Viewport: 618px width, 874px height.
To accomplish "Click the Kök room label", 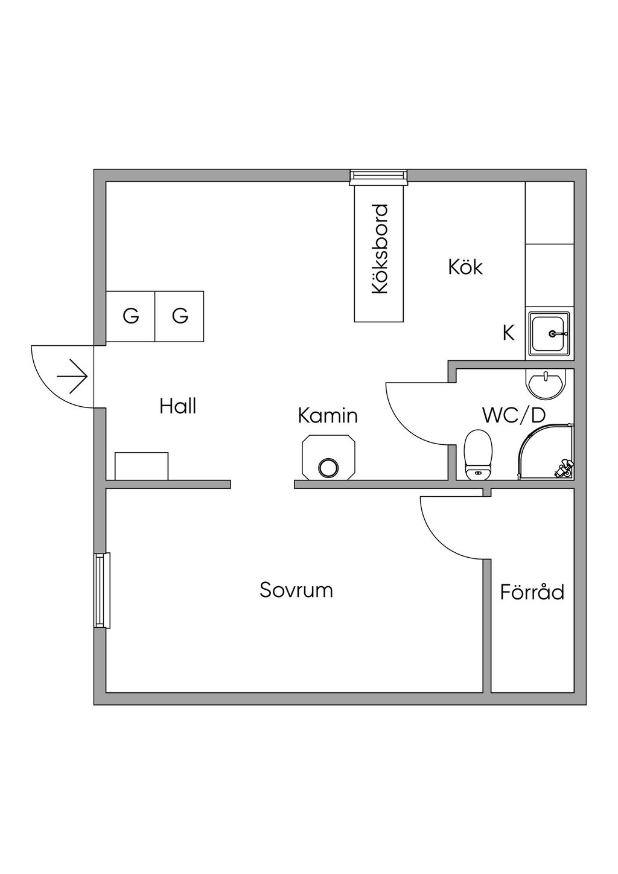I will coord(465,267).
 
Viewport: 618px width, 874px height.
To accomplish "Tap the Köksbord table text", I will coord(380,249).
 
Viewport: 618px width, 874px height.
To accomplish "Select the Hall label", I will coord(178,406).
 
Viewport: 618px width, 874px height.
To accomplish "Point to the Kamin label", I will coord(328,416).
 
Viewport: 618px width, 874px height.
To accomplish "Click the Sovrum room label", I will coord(296,590).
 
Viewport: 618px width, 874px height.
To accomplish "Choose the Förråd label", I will coord(532,592).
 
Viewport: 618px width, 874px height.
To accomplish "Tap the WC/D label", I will coord(514,415).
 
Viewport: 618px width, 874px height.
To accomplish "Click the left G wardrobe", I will coord(131,316).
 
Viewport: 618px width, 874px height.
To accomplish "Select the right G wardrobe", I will coord(180,316).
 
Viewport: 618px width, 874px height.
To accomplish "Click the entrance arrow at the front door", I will coord(72,377).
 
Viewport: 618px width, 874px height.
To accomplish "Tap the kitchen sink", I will coord(549,334).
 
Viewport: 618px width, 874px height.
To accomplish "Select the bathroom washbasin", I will coord(547,383).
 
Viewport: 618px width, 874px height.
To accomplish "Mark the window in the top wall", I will coord(378,176).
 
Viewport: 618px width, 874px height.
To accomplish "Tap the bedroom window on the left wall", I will coord(102,590).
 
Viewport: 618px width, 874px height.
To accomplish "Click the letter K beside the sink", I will coord(509,333).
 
